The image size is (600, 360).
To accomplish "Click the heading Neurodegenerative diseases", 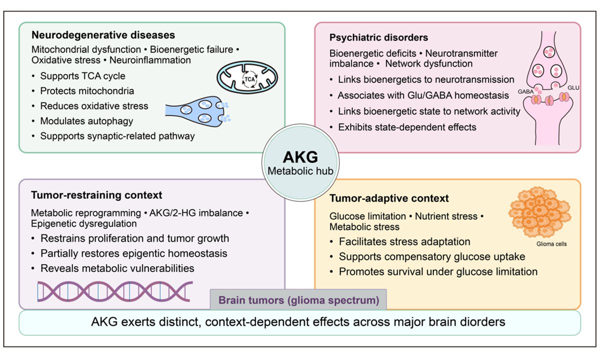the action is pyautogui.click(x=103, y=35).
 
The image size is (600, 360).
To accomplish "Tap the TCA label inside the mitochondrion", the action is pyautogui.click(x=249, y=79).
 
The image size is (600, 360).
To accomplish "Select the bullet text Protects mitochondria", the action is pyautogui.click(x=87, y=91).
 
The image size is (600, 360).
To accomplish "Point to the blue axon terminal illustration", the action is pyautogui.click(x=197, y=111).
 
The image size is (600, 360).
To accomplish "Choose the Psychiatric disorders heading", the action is pyautogui.click(x=378, y=37).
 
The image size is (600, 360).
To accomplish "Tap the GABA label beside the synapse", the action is pyautogui.click(x=525, y=91).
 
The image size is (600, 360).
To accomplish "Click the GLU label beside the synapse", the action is pyautogui.click(x=573, y=88).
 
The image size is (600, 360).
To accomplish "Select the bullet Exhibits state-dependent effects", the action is pyautogui.click(x=407, y=127).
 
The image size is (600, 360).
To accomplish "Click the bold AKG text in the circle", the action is pyautogui.click(x=300, y=157).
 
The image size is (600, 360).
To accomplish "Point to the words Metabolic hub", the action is pyautogui.click(x=300, y=171).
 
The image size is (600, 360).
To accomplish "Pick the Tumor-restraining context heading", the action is pyautogui.click(x=96, y=195).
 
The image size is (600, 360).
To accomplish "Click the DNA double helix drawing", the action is pyautogui.click(x=115, y=291).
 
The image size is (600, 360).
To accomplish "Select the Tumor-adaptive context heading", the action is pyautogui.click(x=389, y=198).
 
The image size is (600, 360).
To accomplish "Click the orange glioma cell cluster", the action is pyautogui.click(x=539, y=212).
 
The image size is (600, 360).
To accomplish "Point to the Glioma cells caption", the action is pyautogui.click(x=551, y=244).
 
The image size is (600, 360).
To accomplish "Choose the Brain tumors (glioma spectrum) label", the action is pyautogui.click(x=298, y=300).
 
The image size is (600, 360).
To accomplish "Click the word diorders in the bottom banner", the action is pyautogui.click(x=482, y=322).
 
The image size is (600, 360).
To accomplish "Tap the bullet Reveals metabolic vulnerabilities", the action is pyautogui.click(x=117, y=268).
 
